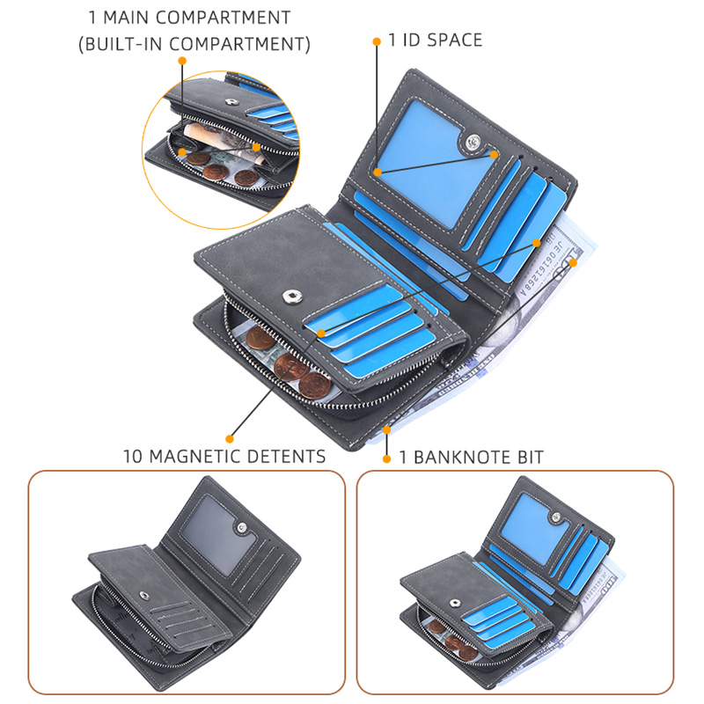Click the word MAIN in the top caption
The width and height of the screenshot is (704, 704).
pos(126,18)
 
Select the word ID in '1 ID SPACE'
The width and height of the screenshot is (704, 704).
pos(411,40)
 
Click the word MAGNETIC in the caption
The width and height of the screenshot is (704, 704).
pos(195,456)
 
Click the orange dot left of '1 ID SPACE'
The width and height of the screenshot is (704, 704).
pos(377,41)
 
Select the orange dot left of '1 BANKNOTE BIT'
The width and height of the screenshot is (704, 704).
pos(386,458)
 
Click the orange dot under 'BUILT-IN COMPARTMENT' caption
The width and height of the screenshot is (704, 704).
pos(182,61)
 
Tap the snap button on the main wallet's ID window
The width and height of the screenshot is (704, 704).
pos(472,142)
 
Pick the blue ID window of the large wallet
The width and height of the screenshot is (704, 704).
pos(432,162)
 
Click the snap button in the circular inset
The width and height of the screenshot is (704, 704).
pos(231,102)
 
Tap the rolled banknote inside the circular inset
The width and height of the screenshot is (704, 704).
pos(221,142)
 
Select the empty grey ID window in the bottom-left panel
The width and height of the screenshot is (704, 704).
pos(217,534)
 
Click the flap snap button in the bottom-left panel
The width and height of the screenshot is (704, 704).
pos(144,596)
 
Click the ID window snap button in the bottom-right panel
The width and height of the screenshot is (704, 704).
pos(557,517)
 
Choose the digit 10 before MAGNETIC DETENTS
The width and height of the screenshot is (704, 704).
pos(133,456)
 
